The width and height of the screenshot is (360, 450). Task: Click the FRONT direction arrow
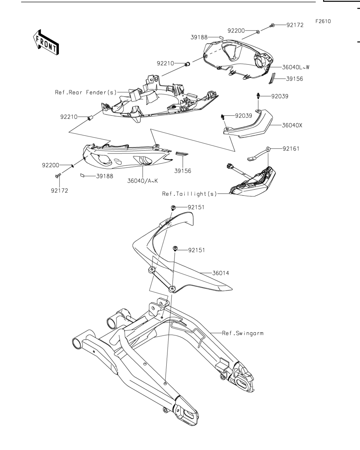click(x=46, y=42)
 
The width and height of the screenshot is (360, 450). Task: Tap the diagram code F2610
click(x=323, y=21)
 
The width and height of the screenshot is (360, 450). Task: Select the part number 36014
click(x=221, y=273)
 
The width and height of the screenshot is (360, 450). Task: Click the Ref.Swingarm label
click(x=243, y=333)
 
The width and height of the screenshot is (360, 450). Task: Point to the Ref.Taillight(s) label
click(x=190, y=194)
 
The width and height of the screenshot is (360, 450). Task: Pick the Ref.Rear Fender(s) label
click(x=86, y=93)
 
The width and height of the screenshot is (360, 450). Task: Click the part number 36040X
click(x=292, y=125)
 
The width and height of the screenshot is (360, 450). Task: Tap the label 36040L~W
click(x=296, y=67)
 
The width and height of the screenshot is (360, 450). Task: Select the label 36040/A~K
click(x=143, y=181)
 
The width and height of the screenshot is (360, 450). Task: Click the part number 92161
click(x=291, y=149)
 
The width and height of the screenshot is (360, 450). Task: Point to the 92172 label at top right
click(x=295, y=25)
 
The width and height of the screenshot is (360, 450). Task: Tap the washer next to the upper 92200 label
click(x=258, y=31)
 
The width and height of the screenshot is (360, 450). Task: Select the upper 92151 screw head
click(x=173, y=207)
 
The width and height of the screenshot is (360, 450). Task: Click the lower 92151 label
click(x=196, y=250)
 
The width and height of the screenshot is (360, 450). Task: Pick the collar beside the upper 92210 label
click(x=187, y=64)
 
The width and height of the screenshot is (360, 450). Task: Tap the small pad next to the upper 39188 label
click(x=221, y=37)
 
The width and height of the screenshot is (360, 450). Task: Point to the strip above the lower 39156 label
click(x=182, y=154)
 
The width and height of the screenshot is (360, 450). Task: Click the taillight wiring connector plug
click(x=229, y=166)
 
